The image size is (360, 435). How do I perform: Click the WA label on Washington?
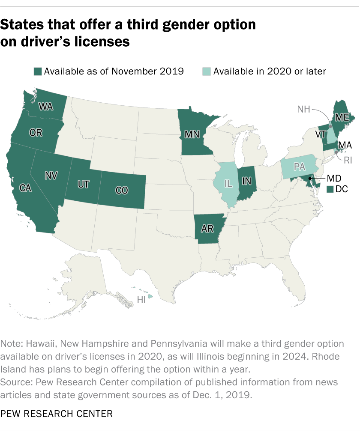(x=46, y=106)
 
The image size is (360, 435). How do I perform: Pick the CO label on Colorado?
(x=122, y=190)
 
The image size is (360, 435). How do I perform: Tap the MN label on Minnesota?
(x=192, y=134)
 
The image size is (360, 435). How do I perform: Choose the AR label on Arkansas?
(x=207, y=229)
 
